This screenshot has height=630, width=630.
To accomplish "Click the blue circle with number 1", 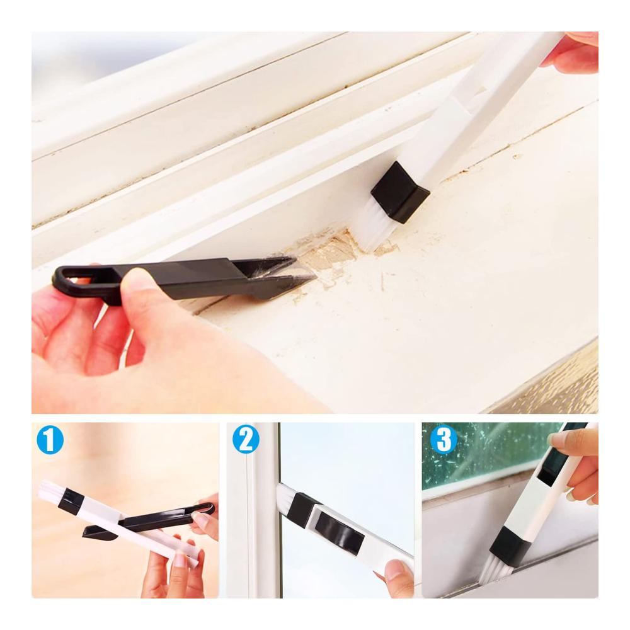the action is pos(50,440).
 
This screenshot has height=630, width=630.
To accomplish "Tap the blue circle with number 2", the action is pos(246,439).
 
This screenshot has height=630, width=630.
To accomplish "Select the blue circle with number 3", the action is pos(444,438).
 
